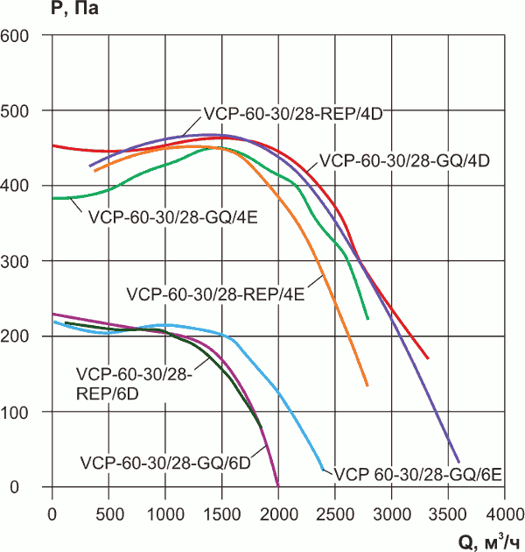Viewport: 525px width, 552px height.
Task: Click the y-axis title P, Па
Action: point(30,11)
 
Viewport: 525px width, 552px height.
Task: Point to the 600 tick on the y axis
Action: point(17,36)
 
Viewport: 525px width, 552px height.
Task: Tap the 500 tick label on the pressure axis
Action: point(17,111)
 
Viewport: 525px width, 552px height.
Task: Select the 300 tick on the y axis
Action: point(17,262)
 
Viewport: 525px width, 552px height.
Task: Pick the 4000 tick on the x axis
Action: point(503,511)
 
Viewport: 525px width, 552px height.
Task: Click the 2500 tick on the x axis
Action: point(334,511)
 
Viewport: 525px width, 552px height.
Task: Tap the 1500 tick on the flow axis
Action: point(221,511)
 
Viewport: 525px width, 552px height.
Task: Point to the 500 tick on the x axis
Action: point(109,511)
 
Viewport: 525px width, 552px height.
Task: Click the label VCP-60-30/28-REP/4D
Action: point(295,113)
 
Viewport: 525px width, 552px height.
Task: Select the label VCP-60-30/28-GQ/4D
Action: point(403,161)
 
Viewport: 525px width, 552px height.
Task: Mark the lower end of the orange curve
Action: point(367,386)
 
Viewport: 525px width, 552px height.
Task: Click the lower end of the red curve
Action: point(428,358)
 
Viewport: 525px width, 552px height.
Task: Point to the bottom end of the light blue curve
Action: point(322,469)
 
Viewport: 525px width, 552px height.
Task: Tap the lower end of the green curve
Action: point(367,319)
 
